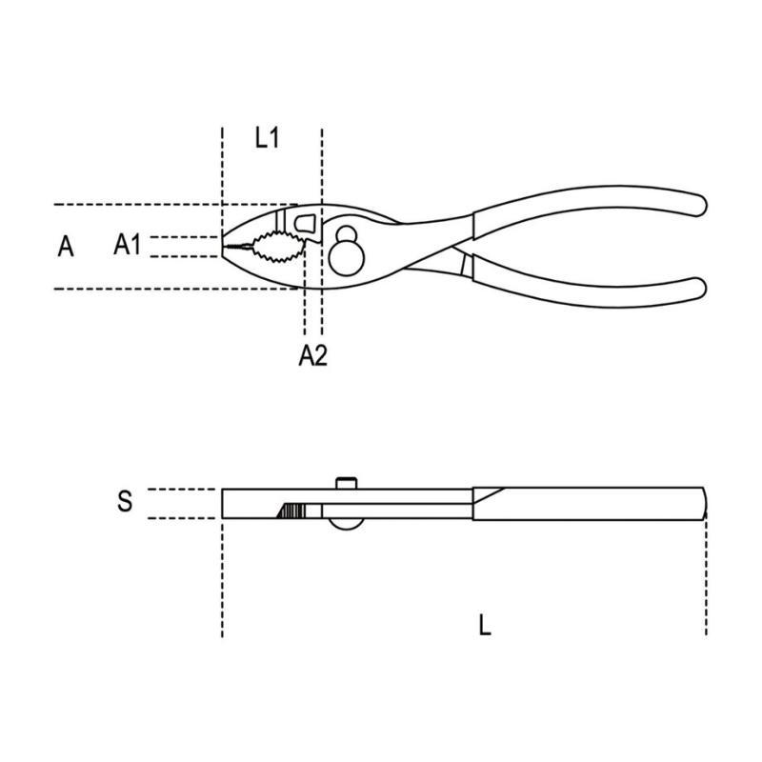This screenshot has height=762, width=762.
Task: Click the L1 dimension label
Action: pyautogui.click(x=268, y=138)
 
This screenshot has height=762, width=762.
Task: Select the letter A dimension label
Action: pyautogui.click(x=66, y=247)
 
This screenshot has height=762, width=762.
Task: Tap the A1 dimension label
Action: pyautogui.click(x=127, y=244)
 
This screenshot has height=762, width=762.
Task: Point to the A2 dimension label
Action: pyautogui.click(x=313, y=355)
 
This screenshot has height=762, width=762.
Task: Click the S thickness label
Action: pyautogui.click(x=125, y=501)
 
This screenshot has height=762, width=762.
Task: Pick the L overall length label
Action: pyautogui.click(x=485, y=625)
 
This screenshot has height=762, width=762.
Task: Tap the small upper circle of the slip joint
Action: pyautogui.click(x=347, y=235)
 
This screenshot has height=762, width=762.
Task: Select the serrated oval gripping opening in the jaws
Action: pyautogui.click(x=278, y=247)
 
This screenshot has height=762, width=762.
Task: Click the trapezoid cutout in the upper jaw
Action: pyautogui.click(x=305, y=224)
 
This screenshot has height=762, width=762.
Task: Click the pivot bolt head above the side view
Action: pyautogui.click(x=347, y=484)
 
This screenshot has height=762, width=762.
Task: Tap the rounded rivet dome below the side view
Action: pyautogui.click(x=346, y=524)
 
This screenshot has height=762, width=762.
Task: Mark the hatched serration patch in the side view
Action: pyautogui.click(x=292, y=511)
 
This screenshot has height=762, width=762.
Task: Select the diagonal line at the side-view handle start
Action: pyautogui.click(x=490, y=495)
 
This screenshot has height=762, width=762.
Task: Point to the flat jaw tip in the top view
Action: pyautogui.click(x=223, y=247)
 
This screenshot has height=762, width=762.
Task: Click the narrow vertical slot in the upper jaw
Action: pyautogui.click(x=279, y=221)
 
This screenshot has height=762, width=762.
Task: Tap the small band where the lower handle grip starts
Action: pyautogui.click(x=467, y=266)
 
